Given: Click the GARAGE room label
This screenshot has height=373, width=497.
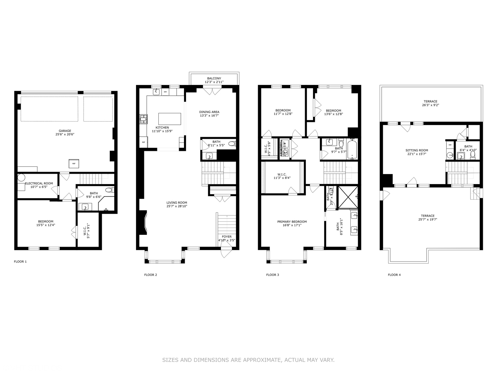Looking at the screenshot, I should [65, 131].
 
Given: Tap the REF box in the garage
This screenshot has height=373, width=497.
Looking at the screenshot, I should [74, 163].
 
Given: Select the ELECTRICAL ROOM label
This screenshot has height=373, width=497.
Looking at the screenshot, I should [39, 183].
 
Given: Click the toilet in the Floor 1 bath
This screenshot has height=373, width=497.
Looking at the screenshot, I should [109, 190].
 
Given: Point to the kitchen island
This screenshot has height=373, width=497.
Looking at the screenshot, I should [169, 119].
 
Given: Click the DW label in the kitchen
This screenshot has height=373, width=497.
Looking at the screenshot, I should [165, 92].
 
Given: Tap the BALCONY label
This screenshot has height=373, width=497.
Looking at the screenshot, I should [214, 78].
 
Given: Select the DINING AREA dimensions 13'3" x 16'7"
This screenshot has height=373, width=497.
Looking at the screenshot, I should [209, 116].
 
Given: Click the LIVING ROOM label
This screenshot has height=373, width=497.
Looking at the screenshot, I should [177, 203].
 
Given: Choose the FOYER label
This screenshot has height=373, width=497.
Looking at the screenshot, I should [227, 237].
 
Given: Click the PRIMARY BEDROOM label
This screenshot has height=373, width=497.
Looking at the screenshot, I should [292, 222].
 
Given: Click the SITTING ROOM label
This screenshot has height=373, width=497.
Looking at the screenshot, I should [417, 150].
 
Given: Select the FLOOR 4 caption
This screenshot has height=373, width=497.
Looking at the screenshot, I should [394, 275].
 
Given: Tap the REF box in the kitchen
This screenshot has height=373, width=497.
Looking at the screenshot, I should [143, 142].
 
